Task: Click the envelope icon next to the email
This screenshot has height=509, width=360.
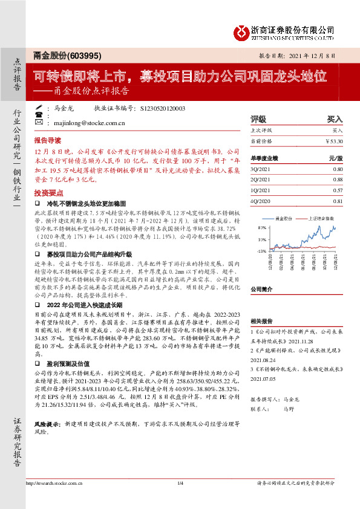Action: click(x=38, y=122)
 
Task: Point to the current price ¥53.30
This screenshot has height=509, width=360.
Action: click(x=335, y=141)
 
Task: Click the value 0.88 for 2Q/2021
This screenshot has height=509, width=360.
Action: click(x=338, y=180)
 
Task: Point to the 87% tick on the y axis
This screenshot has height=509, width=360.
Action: click(x=262, y=227)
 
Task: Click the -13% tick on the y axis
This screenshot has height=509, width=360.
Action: click(x=261, y=250)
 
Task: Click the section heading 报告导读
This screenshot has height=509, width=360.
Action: click(x=48, y=138)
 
